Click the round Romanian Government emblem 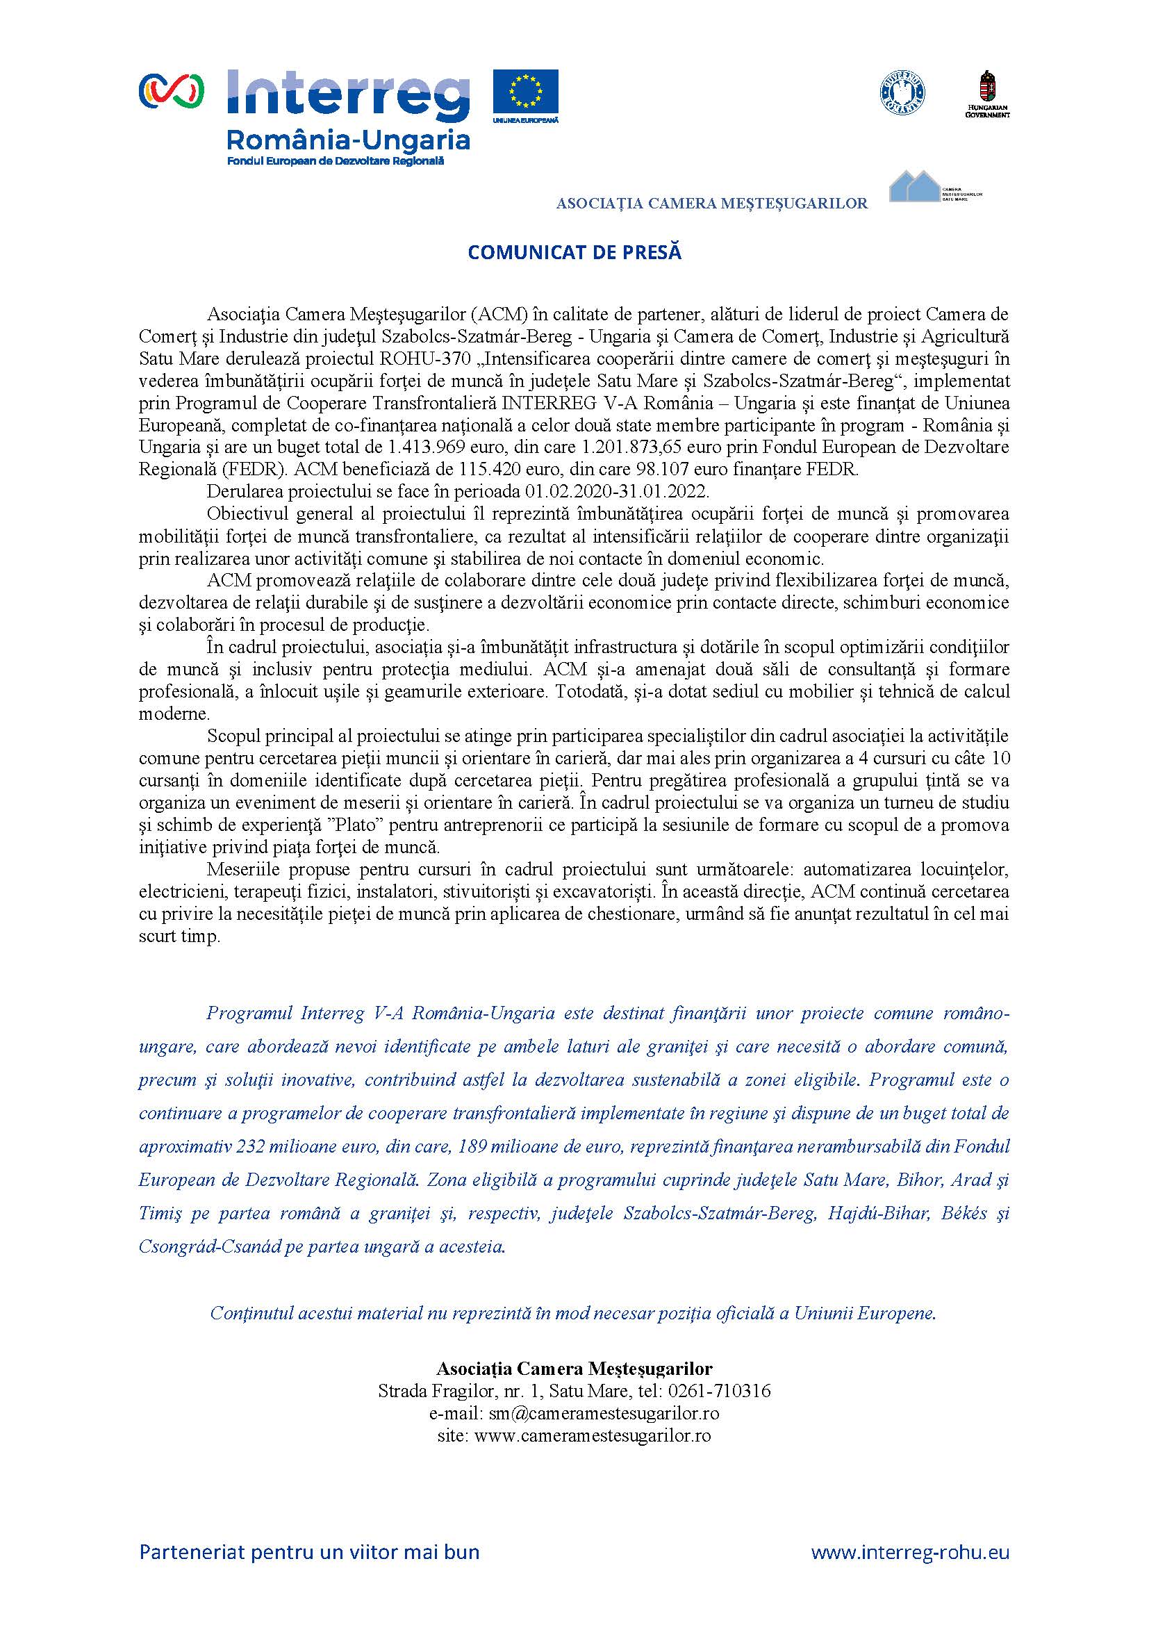click(902, 92)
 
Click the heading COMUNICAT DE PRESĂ click(574, 253)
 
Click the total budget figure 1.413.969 click(429, 448)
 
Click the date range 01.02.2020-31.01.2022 click(616, 491)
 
